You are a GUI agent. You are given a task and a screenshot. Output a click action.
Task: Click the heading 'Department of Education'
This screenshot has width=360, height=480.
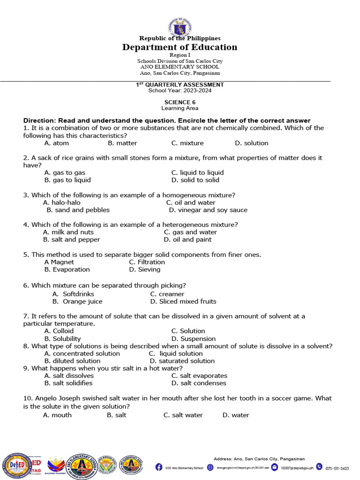tap(180, 47)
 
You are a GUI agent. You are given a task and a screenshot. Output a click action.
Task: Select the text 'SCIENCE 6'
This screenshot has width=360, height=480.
tap(180, 102)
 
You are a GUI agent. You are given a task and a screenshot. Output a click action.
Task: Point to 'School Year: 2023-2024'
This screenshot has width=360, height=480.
tap(180, 90)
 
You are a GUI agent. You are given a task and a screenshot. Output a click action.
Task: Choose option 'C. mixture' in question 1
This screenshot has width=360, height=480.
tap(187, 143)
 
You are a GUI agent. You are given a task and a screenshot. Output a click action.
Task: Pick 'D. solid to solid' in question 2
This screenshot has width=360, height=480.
tap(195, 180)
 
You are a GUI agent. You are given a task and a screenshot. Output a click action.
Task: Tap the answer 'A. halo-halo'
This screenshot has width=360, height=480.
tap(62, 202)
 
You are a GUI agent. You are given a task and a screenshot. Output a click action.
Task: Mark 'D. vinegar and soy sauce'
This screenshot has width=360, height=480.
tap(208, 210)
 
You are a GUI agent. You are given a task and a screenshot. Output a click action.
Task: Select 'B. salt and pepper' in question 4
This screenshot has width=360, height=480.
tap(72, 240)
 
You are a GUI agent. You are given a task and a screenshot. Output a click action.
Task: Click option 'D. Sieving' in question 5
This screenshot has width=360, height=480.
tap(145, 270)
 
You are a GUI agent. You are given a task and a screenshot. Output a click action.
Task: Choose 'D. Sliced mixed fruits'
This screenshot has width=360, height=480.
tap(183, 301)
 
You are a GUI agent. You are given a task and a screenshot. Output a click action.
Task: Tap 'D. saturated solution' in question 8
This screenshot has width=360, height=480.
tap(182, 361)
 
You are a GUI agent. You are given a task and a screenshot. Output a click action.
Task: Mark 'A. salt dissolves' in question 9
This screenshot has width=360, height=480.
tap(69, 375)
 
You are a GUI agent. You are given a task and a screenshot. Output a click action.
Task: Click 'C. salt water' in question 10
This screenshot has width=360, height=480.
tap(183, 415)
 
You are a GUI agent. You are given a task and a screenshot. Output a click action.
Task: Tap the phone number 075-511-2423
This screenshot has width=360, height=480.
tap(337, 468)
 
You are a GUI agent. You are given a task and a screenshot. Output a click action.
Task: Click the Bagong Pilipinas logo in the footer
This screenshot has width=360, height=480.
tap(56, 465)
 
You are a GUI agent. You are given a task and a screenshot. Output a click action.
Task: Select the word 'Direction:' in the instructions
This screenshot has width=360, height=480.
tap(40, 120)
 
